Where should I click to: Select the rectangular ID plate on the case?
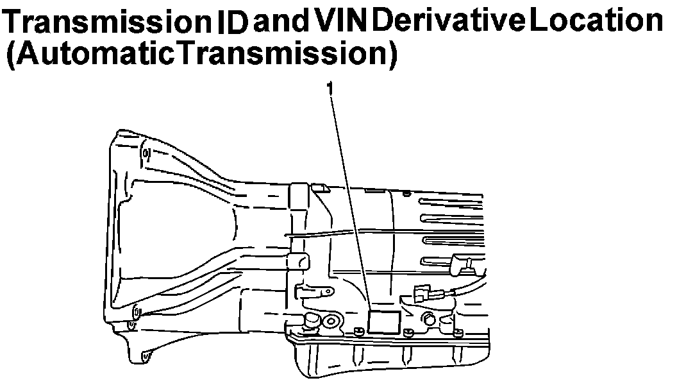point(383,321)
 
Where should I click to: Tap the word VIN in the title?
point(340,21)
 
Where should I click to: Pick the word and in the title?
point(281,21)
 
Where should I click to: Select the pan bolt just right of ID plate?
point(408,332)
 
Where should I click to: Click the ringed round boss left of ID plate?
point(332,321)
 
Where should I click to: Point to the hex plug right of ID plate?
point(428,319)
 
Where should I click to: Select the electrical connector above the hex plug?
point(424,295)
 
